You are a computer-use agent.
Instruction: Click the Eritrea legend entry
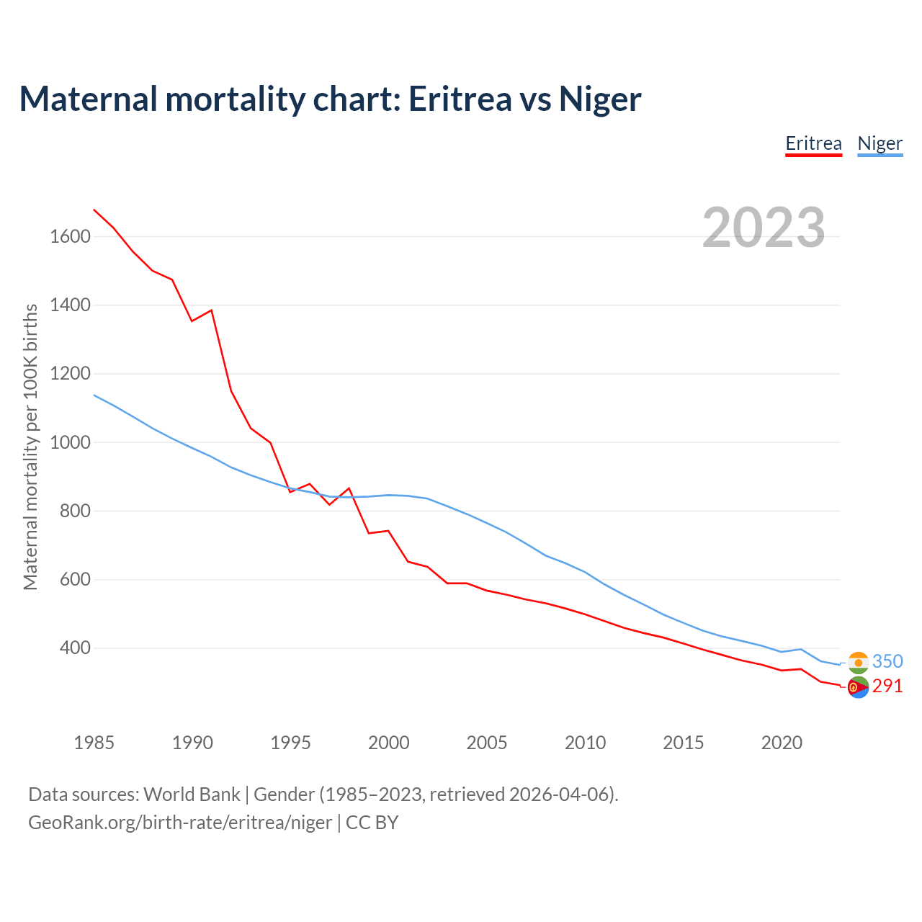(x=813, y=143)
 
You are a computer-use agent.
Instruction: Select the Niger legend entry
(x=880, y=143)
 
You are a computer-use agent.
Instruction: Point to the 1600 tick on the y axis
(x=70, y=236)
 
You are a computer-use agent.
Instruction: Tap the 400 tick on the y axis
(x=75, y=648)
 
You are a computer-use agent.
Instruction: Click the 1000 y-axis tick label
(x=70, y=442)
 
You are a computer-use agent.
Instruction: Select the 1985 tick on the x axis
(x=94, y=743)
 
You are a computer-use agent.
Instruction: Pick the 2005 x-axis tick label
(x=487, y=743)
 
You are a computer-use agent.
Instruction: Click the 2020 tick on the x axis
(x=782, y=743)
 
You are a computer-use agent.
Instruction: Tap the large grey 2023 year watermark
(x=764, y=228)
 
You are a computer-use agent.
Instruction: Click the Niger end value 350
(x=887, y=661)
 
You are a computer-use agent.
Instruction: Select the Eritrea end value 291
(x=887, y=686)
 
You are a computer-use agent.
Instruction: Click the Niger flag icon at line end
(x=858, y=662)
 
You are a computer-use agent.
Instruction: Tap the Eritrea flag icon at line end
(x=858, y=688)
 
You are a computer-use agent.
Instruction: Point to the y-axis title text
(x=30, y=447)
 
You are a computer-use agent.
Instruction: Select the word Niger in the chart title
(x=600, y=99)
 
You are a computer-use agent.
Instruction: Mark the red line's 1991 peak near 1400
(x=211, y=310)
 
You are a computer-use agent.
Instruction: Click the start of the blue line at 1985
(x=94, y=395)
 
